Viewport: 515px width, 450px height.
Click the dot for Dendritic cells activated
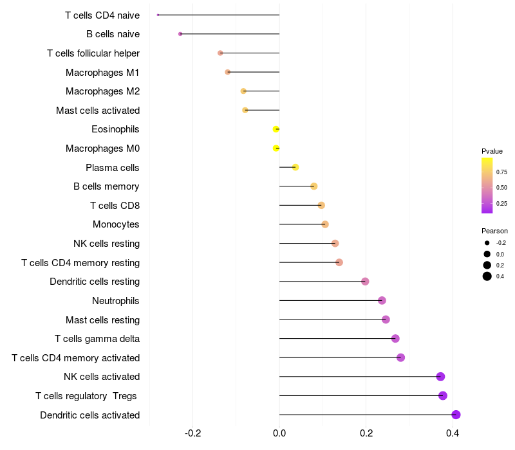pyautogui.click(x=456, y=415)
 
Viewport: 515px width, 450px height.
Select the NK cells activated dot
pyautogui.click(x=440, y=377)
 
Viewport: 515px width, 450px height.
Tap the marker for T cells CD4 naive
pyautogui.click(x=158, y=15)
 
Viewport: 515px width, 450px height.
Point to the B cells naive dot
pyautogui.click(x=180, y=33)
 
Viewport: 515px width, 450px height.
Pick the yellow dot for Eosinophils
pyautogui.click(x=276, y=129)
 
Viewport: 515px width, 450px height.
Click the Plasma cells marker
pyautogui.click(x=295, y=167)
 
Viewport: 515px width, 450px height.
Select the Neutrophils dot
pyautogui.click(x=382, y=300)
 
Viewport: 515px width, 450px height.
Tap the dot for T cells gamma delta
pyautogui.click(x=395, y=339)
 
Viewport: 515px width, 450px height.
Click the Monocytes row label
pyautogui.click(x=116, y=224)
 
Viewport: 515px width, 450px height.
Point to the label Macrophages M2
pyautogui.click(x=102, y=91)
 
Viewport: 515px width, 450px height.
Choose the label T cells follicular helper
pyautogui.click(x=93, y=53)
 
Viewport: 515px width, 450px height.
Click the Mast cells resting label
pyautogui.click(x=102, y=319)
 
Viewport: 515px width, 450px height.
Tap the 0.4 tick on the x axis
pyautogui.click(x=453, y=433)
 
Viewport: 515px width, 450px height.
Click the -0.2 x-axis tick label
pyautogui.click(x=193, y=433)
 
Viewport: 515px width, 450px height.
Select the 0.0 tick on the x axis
pyautogui.click(x=279, y=433)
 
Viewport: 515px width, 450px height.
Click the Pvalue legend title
pyautogui.click(x=492, y=151)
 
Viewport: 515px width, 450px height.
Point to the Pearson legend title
pyautogui.click(x=494, y=231)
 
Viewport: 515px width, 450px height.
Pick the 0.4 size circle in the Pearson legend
pyautogui.click(x=487, y=276)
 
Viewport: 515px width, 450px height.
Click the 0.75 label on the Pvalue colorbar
pyautogui.click(x=501, y=172)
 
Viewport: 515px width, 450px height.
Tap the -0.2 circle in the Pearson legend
pyautogui.click(x=487, y=243)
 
